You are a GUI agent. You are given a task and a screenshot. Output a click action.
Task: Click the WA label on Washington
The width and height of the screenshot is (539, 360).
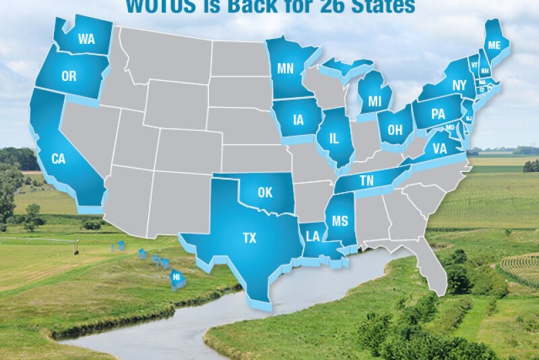tap(86, 40)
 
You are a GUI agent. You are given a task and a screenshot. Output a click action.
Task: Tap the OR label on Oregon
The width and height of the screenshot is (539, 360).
tap(69, 76)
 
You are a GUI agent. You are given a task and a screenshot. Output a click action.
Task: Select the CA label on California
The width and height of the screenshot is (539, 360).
tap(58, 158)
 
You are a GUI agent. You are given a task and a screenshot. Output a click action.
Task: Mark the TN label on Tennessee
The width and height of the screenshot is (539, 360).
tap(367, 181)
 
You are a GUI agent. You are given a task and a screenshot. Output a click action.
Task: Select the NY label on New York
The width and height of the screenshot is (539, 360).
tap(460, 86)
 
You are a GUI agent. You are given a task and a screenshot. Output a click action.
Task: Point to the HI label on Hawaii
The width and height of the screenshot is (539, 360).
tap(177, 276)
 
